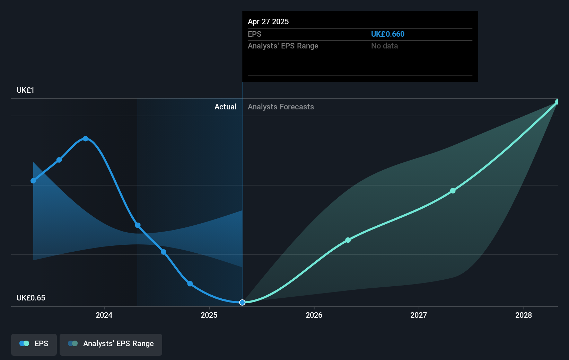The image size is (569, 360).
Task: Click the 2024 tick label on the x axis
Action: (104, 315)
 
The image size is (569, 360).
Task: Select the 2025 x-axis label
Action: (209, 315)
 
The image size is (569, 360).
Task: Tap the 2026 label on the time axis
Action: (314, 315)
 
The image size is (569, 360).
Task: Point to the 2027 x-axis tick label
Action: (419, 315)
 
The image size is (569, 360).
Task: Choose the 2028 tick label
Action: (523, 315)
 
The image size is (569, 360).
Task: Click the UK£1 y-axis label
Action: (25, 90)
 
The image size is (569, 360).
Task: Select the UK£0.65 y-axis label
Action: (31, 298)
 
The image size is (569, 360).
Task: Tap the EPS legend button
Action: (34, 344)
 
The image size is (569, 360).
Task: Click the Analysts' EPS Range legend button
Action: (111, 344)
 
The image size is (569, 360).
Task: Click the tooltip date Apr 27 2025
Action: (268, 22)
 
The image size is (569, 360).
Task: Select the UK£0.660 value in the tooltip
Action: (387, 34)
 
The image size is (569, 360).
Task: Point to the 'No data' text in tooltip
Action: (384, 46)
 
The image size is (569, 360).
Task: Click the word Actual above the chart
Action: (225, 107)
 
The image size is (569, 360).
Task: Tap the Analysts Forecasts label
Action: (281, 107)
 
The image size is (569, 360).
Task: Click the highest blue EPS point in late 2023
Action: (86, 139)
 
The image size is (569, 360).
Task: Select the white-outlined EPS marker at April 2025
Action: (242, 303)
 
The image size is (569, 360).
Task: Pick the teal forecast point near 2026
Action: (348, 240)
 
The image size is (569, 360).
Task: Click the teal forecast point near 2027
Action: (453, 191)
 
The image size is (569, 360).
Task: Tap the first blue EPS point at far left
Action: (33, 181)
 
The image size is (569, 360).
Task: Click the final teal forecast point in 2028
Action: (557, 102)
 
